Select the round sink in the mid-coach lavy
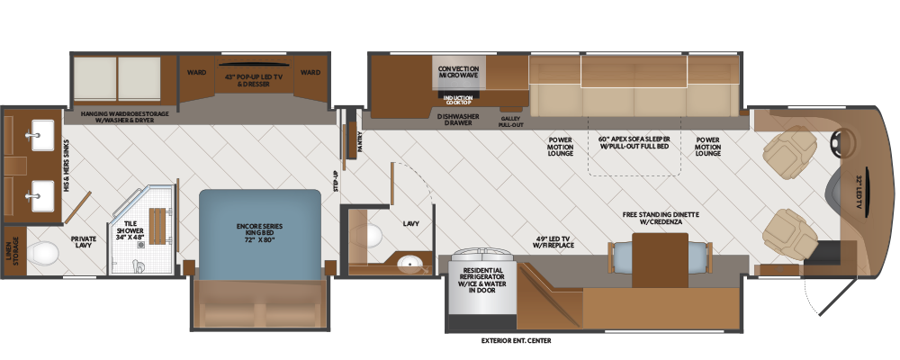coord(411,265)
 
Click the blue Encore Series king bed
coord(259,235)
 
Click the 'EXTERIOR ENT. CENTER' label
coord(516,340)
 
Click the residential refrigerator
coord(480,282)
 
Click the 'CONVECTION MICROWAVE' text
coord(458,71)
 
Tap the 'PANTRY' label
coord(360,140)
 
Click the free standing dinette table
coord(660,260)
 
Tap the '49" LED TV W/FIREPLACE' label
coord(553,242)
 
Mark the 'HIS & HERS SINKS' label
coord(67,166)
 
